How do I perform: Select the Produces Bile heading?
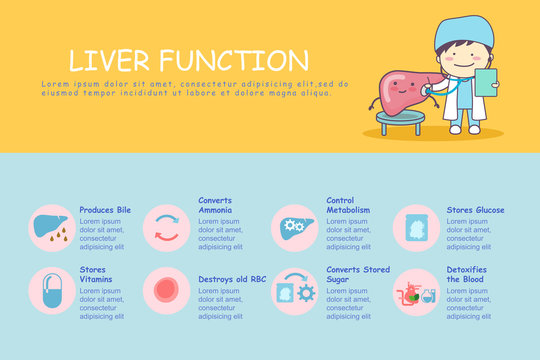pyautogui.click(x=105, y=210)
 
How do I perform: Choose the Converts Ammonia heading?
pyautogui.click(x=215, y=205)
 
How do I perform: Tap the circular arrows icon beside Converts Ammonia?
pyautogui.click(x=166, y=227)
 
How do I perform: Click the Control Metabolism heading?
pyautogui.click(x=348, y=205)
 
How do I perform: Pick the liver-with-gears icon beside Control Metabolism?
pyautogui.click(x=294, y=227)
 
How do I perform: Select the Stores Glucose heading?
pyautogui.click(x=475, y=210)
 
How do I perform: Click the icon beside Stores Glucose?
pyautogui.click(x=415, y=227)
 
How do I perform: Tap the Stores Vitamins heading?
pyautogui.click(x=96, y=274)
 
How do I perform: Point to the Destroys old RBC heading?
pyautogui.click(x=232, y=279)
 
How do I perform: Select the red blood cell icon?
pyautogui.click(x=166, y=291)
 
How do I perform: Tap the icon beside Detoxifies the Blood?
pyautogui.click(x=415, y=292)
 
